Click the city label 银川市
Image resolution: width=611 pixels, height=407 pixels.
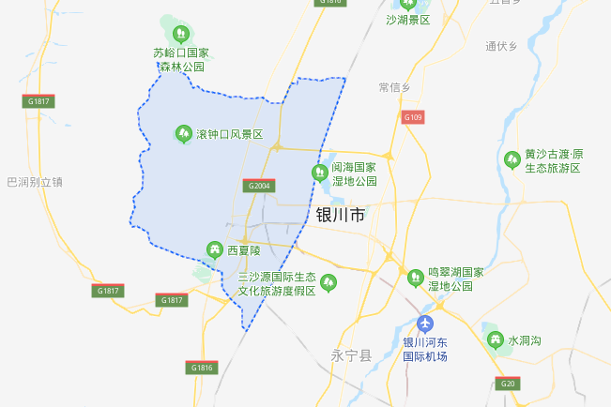pyautogui.click(x=340, y=216)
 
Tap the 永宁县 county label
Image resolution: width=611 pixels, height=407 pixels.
pyautogui.click(x=352, y=355)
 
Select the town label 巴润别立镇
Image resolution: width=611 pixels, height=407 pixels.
pyautogui.click(x=34, y=182)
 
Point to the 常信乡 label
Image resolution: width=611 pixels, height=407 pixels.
pyautogui.click(x=394, y=87)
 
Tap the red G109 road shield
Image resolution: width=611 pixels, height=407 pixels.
pyautogui.click(x=413, y=117)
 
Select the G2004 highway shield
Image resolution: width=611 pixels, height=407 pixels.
pyautogui.click(x=259, y=187)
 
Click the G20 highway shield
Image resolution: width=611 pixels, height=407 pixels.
pyautogui.click(x=509, y=383)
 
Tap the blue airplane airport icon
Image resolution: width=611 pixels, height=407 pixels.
pyautogui.click(x=425, y=324)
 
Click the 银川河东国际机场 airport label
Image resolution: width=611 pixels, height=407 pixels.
pyautogui.click(x=425, y=349)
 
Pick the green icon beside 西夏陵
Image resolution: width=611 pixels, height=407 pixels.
pyautogui.click(x=214, y=249)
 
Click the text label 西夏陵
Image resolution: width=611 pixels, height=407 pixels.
pyautogui.click(x=243, y=250)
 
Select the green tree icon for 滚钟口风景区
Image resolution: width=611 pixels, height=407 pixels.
pyautogui.click(x=182, y=135)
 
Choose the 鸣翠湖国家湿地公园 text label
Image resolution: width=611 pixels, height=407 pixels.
pyautogui.click(x=456, y=279)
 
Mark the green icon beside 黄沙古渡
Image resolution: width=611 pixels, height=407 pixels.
pyautogui.click(x=512, y=160)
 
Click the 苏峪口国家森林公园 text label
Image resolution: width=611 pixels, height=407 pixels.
pyautogui.click(x=181, y=60)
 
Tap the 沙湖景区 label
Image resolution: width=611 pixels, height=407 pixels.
pyautogui.click(x=407, y=19)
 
